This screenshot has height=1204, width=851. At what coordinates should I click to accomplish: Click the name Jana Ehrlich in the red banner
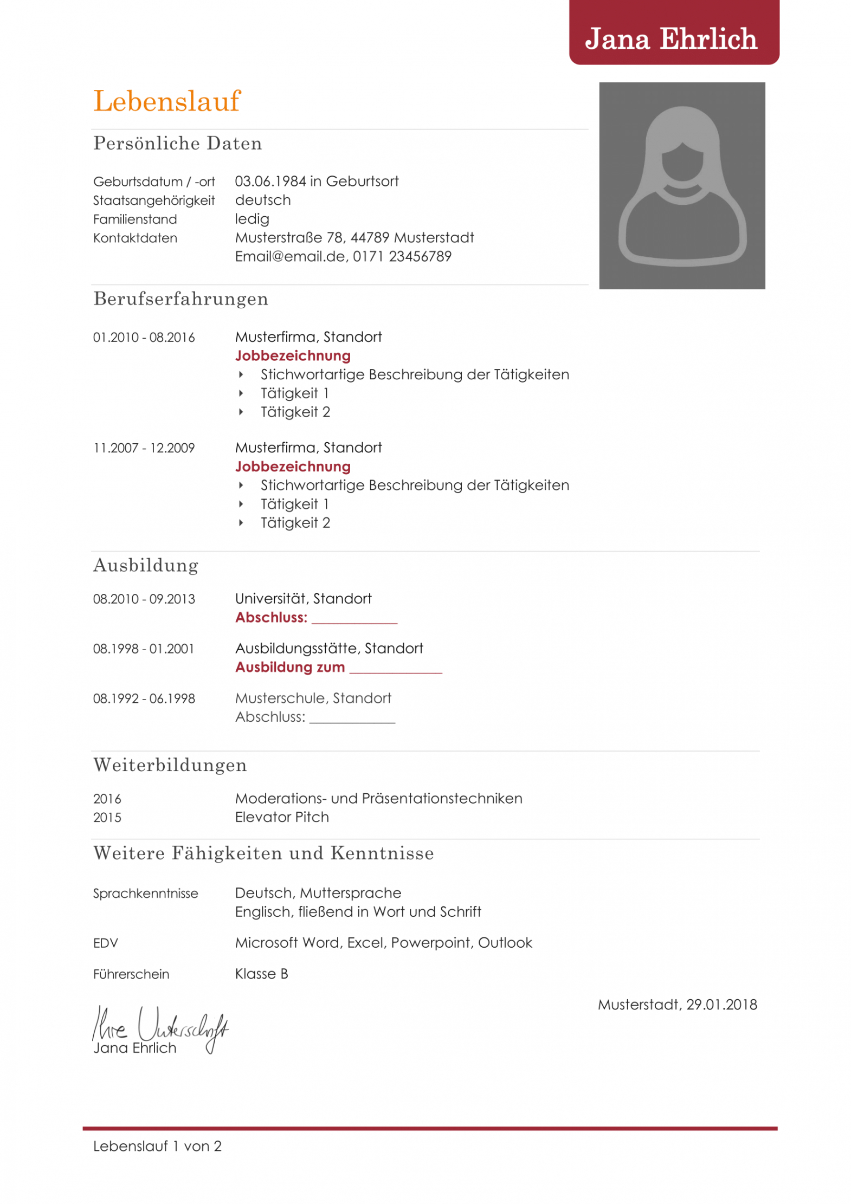(671, 39)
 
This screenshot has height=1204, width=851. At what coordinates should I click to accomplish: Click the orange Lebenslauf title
(166, 101)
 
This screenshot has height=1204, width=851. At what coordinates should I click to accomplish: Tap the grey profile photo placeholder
(681, 185)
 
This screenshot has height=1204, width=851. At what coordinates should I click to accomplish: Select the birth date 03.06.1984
(270, 181)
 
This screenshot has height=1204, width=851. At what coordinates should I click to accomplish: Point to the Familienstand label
(135, 219)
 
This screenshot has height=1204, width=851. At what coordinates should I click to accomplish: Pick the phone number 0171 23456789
(402, 256)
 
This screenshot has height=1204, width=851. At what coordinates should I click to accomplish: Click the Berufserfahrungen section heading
(180, 299)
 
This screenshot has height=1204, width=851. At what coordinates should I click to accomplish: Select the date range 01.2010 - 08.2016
(144, 337)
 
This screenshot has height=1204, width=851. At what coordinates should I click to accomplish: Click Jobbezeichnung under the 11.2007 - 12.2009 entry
(293, 466)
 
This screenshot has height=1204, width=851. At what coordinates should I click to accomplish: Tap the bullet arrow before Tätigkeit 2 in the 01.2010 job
(241, 412)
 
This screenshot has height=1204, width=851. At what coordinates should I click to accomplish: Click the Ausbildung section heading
(146, 565)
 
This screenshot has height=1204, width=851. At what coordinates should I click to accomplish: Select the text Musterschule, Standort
(313, 698)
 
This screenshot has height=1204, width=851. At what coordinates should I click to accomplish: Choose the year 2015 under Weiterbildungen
(107, 817)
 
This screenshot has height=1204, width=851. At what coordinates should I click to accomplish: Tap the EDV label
(105, 943)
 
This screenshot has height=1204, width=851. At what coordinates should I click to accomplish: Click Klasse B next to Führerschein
(261, 974)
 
